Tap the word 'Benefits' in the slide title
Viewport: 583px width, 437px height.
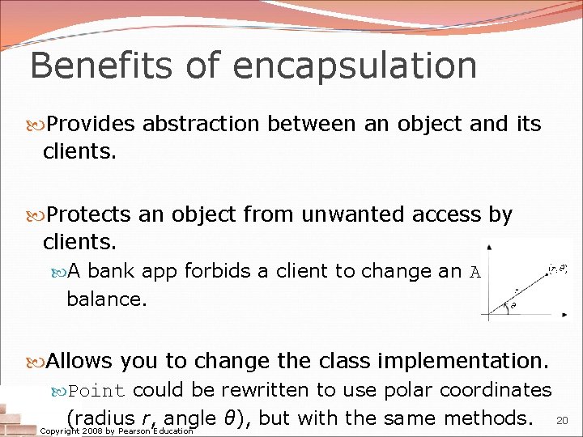click(x=91, y=65)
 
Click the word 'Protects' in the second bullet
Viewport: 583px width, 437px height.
click(x=89, y=214)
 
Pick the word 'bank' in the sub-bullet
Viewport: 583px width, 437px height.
click(x=109, y=271)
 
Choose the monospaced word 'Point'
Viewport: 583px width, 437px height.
click(x=97, y=391)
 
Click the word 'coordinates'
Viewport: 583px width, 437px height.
click(x=498, y=390)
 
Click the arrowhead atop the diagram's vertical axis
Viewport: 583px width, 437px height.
click(x=488, y=246)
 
